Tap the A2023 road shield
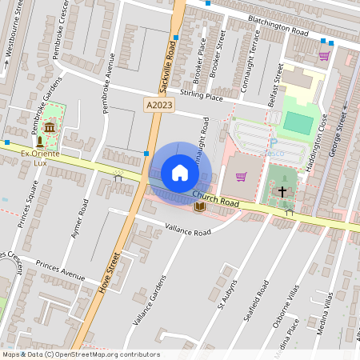(x=158, y=105)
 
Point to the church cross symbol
(x=282, y=191)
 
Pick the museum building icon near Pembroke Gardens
(x=50, y=128)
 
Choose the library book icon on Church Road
(x=199, y=207)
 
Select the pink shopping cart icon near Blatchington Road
(x=323, y=56)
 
